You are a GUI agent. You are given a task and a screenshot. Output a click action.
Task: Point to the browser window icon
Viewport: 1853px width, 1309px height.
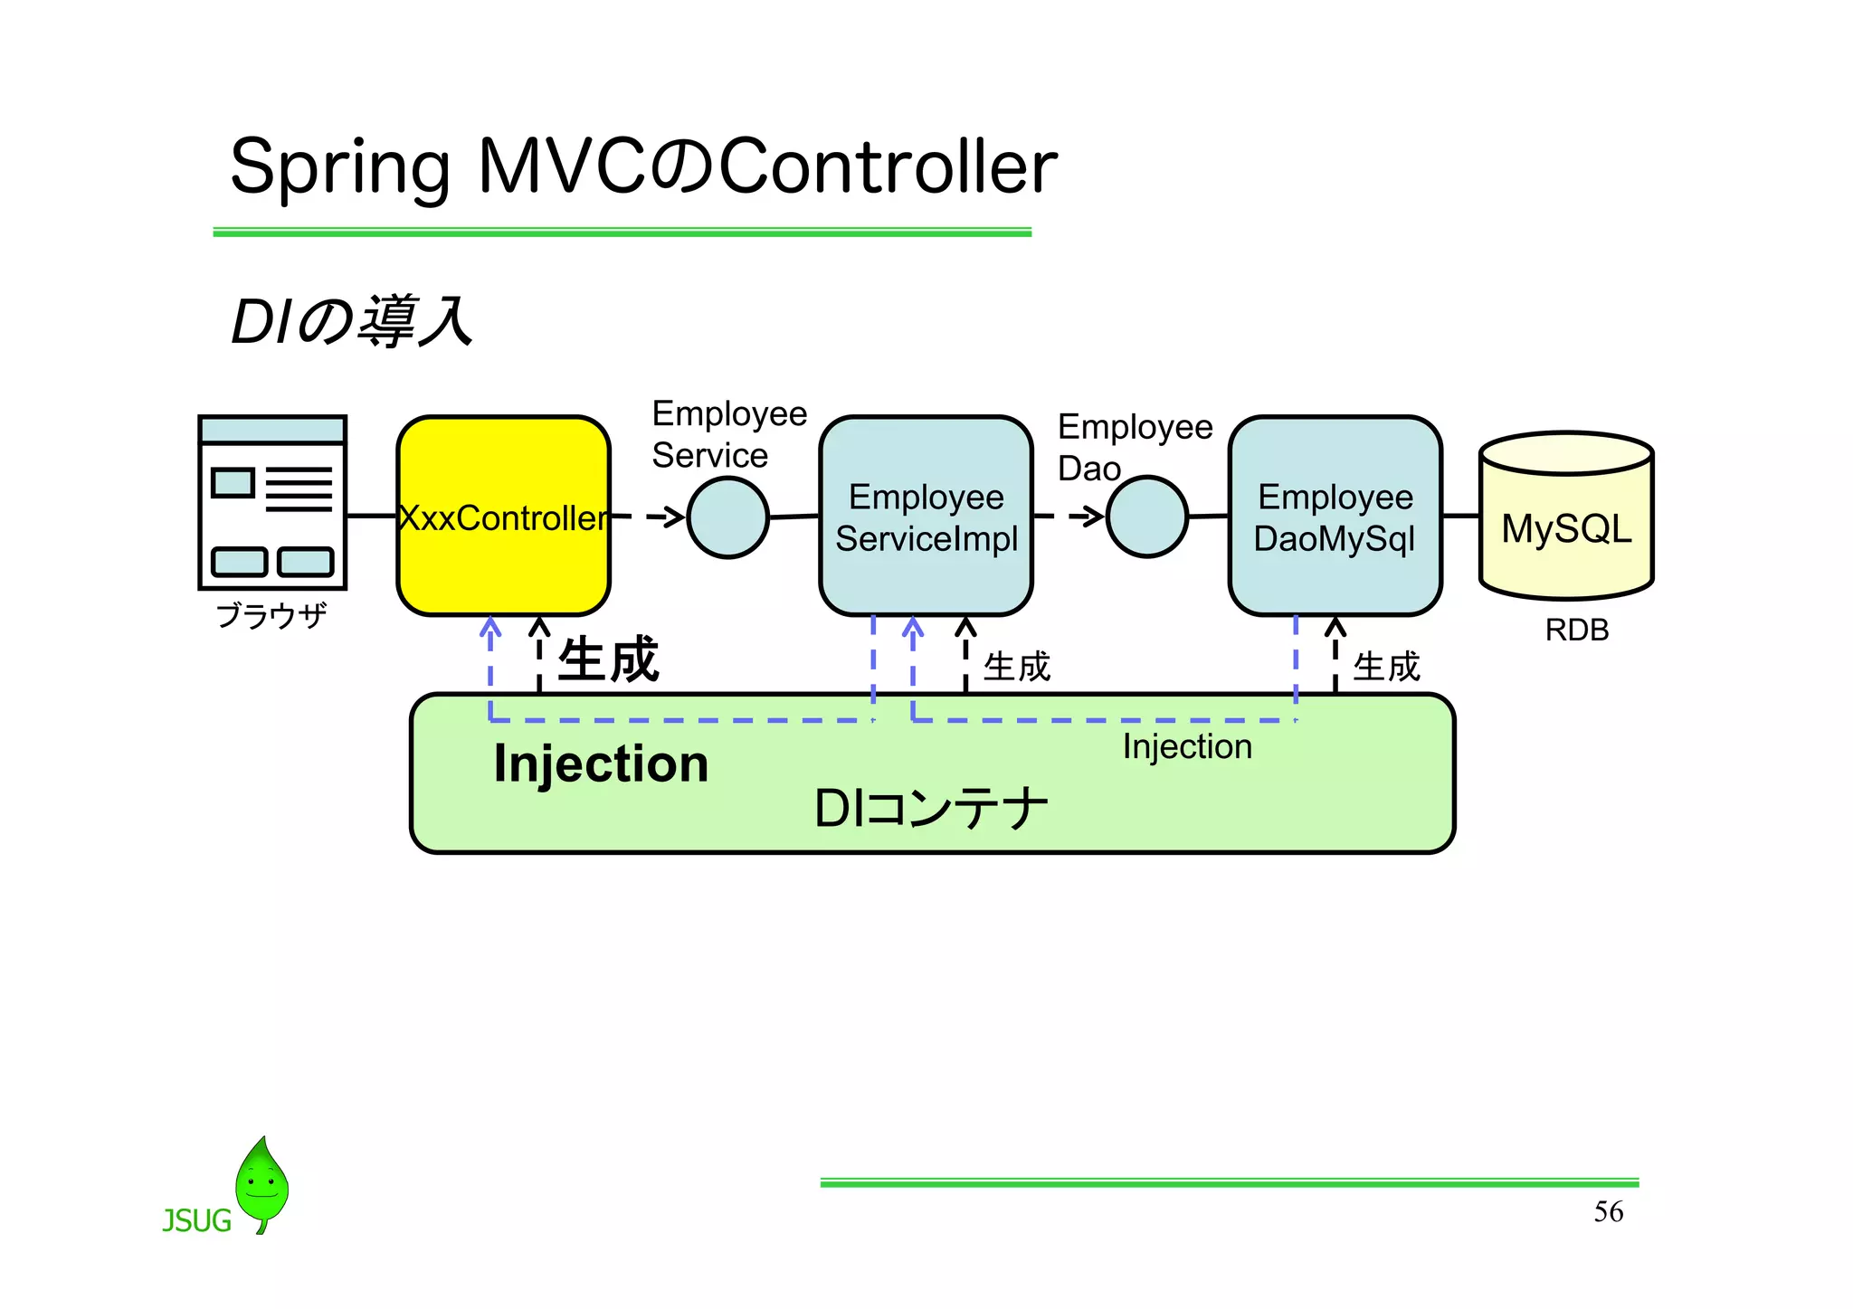[272, 502]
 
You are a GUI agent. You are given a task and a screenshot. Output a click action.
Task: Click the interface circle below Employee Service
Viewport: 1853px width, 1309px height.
[727, 518]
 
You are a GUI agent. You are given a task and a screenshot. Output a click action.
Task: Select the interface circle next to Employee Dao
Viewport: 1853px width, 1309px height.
[1146, 517]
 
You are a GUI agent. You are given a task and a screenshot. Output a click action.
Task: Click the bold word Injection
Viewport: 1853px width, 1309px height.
[601, 764]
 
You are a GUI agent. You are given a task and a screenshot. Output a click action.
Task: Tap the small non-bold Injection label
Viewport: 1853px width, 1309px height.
[1187, 747]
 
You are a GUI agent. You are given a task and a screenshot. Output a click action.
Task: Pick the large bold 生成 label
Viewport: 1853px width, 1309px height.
[608, 659]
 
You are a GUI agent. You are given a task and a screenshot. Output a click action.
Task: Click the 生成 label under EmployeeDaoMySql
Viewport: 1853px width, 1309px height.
[1385, 668]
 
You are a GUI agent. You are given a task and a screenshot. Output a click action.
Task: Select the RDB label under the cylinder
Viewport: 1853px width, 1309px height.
[1576, 630]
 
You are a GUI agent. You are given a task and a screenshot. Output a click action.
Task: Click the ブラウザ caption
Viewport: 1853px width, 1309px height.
[271, 616]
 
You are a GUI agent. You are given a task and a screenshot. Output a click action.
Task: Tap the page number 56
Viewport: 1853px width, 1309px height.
[1608, 1211]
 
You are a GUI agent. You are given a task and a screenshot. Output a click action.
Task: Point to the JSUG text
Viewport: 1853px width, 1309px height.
[196, 1221]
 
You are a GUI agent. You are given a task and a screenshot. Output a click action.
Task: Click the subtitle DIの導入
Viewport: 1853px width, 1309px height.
[352, 322]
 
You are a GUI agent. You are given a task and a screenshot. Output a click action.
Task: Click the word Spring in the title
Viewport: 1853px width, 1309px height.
[339, 168]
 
